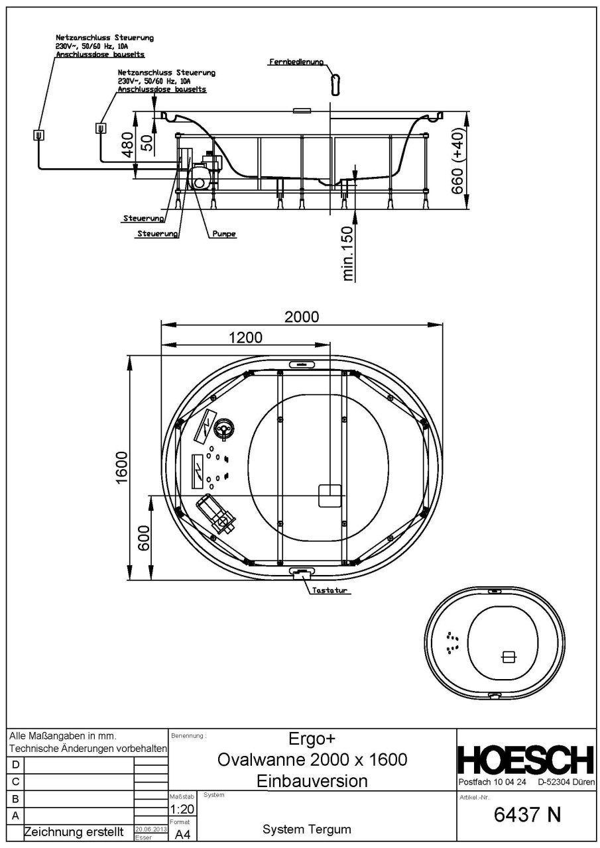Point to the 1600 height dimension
click(x=121, y=468)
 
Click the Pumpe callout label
click(x=224, y=234)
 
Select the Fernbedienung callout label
click(x=296, y=62)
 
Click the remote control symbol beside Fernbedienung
click(x=335, y=85)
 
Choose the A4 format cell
click(x=182, y=835)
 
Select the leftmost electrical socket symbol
click(x=38, y=135)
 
